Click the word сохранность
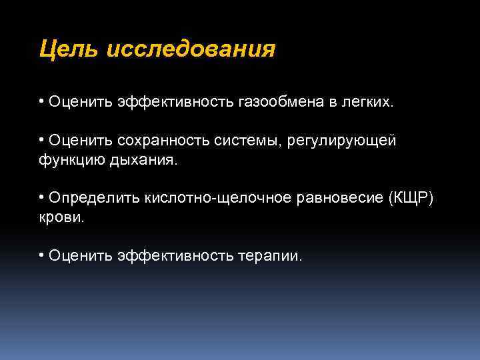(x=159, y=141)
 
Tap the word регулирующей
(x=341, y=141)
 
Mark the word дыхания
(x=144, y=160)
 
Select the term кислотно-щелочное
(x=217, y=199)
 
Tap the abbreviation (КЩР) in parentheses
(x=410, y=199)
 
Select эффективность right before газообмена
(x=175, y=103)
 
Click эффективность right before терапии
(x=175, y=256)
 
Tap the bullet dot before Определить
(x=41, y=199)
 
